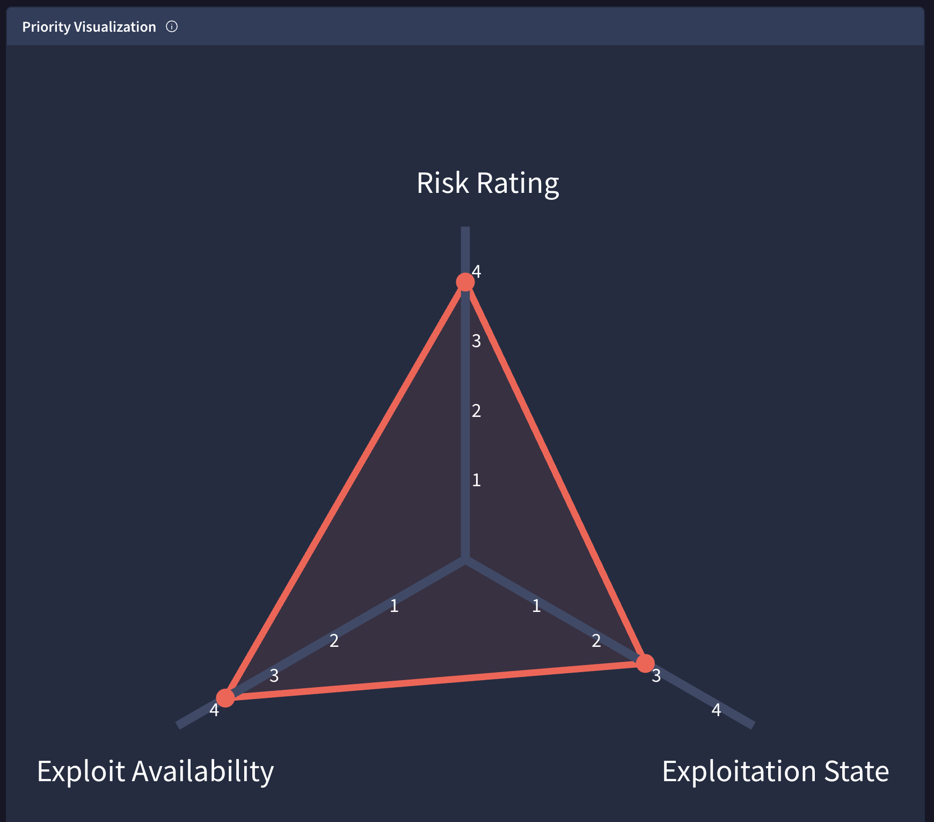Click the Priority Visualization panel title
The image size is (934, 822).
(89, 27)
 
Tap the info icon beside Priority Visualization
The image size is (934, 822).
(172, 26)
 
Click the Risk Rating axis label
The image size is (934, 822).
(488, 183)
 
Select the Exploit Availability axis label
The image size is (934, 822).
(155, 771)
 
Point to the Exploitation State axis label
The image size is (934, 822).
(775, 771)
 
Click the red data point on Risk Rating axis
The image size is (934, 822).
(465, 282)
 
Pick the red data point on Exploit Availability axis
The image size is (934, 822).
(225, 698)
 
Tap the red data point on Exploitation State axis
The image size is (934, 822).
(645, 663)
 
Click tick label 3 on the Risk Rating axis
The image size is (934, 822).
(476, 341)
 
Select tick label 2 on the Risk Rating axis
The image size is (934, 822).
(476, 411)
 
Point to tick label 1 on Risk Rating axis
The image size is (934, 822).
(476, 480)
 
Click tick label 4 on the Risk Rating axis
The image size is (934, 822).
(476, 272)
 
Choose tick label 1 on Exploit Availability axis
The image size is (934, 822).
(394, 606)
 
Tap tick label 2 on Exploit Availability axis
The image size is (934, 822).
(334, 641)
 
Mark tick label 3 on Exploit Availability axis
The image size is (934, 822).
(274, 676)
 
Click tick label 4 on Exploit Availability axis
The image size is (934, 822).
(214, 710)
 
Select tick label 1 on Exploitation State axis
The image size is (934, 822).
(536, 606)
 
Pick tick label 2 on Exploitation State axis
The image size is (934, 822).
(596, 641)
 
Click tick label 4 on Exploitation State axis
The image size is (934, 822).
(716, 710)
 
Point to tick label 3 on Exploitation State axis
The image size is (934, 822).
(656, 676)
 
